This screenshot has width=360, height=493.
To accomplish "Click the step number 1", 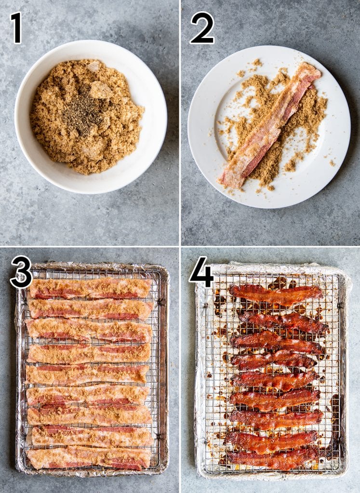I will (x=16, y=27).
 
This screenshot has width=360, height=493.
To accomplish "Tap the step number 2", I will (x=202, y=27).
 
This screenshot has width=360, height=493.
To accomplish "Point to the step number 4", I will (x=201, y=272).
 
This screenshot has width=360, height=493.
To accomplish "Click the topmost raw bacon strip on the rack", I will (x=90, y=288).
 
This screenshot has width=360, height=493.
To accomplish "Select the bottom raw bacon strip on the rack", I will (x=89, y=458).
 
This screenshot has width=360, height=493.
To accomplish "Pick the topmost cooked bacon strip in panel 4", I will (x=276, y=293).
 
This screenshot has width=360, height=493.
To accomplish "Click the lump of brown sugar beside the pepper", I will (x=100, y=90).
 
